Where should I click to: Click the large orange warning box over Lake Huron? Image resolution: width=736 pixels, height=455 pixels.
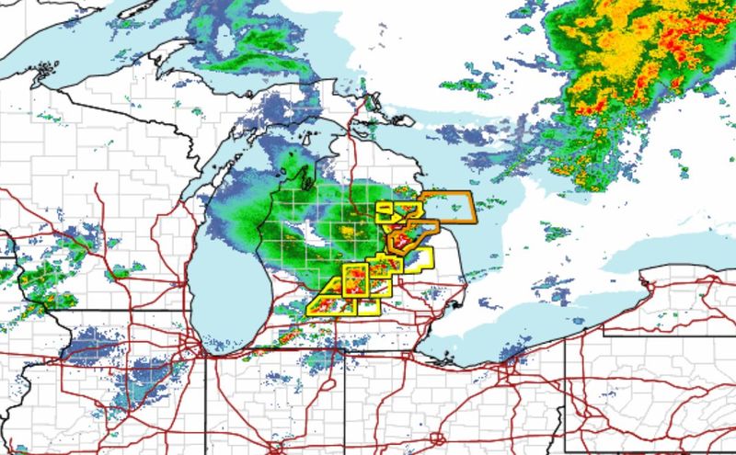tap(448, 207)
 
